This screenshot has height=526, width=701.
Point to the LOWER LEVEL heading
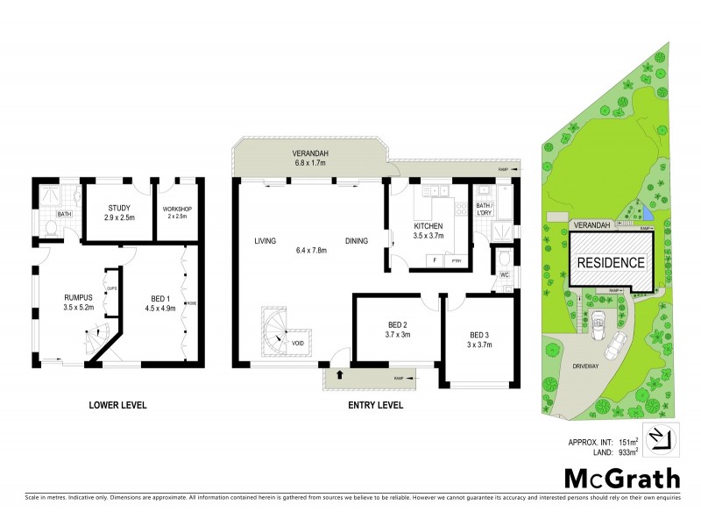[x=117, y=405]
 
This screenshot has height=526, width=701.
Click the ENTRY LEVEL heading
[x=375, y=405]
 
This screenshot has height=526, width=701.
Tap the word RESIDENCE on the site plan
[x=611, y=262]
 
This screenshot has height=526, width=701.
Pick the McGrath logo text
[x=620, y=479]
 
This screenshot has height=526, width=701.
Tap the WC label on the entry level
[x=503, y=274]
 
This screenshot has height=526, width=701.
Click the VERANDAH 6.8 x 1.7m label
[x=309, y=157]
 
